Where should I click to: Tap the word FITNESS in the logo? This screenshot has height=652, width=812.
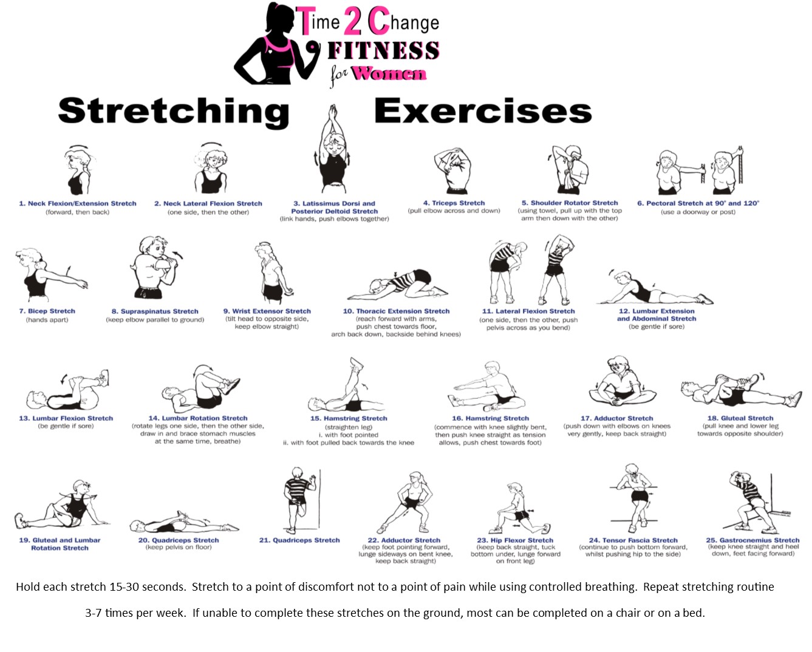[x=383, y=50]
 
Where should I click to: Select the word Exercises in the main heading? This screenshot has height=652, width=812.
[x=483, y=111]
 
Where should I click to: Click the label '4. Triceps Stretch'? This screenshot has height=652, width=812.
[x=454, y=203]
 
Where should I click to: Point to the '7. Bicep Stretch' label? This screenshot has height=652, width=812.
[x=47, y=311]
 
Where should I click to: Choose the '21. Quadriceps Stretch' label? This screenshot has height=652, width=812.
[x=299, y=540]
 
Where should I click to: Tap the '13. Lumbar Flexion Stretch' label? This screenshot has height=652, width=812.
[x=66, y=418]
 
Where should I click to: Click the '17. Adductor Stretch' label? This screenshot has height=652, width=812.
[x=616, y=418]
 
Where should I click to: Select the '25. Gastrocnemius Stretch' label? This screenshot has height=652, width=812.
[x=752, y=540]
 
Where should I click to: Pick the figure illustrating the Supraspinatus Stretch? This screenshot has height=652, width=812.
[x=155, y=268]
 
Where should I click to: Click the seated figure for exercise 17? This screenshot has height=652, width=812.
[x=623, y=381]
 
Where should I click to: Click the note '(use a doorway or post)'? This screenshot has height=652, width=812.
[x=698, y=212]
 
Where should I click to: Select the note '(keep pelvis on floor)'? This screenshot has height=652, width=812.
[x=179, y=547]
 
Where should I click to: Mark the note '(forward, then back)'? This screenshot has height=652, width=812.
[x=77, y=212]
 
